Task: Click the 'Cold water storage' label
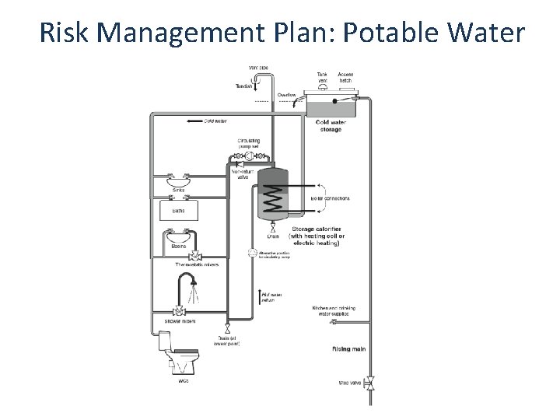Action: pyautogui.click(x=329, y=125)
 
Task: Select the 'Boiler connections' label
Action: pyautogui.click(x=330, y=198)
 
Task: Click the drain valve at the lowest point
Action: pyautogui.click(x=227, y=329)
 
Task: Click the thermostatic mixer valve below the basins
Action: pyautogui.click(x=196, y=256)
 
